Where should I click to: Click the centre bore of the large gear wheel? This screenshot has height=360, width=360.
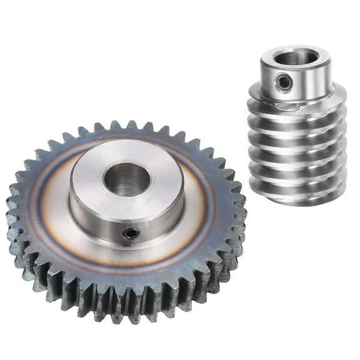pyautogui.click(x=127, y=179)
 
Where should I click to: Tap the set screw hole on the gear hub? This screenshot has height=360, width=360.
pyautogui.click(x=131, y=233)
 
